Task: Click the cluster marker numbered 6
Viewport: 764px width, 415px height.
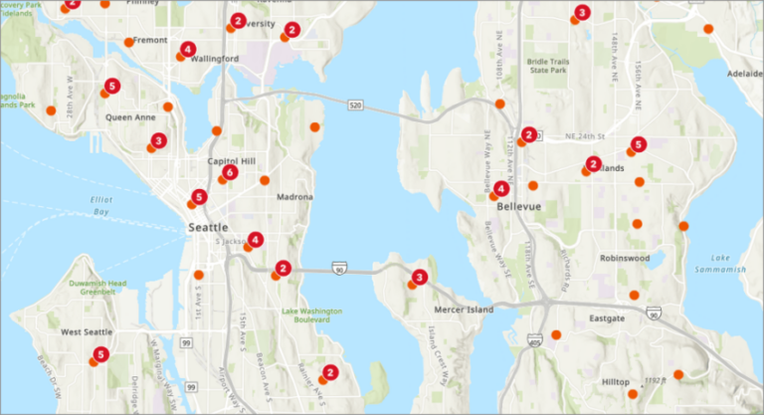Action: (x=230, y=173)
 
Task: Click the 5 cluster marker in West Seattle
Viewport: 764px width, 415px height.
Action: (x=100, y=354)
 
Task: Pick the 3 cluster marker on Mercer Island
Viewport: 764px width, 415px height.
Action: (x=420, y=278)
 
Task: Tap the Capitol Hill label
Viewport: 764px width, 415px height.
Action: (x=231, y=161)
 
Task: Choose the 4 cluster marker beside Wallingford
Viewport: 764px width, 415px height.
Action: (x=188, y=49)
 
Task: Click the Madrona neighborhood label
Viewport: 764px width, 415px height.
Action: (x=294, y=197)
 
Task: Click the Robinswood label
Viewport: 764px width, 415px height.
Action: (x=625, y=257)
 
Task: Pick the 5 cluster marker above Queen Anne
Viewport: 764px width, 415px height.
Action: (x=111, y=86)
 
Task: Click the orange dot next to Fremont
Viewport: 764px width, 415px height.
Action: (x=129, y=42)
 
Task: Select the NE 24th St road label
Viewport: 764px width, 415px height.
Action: (x=585, y=136)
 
